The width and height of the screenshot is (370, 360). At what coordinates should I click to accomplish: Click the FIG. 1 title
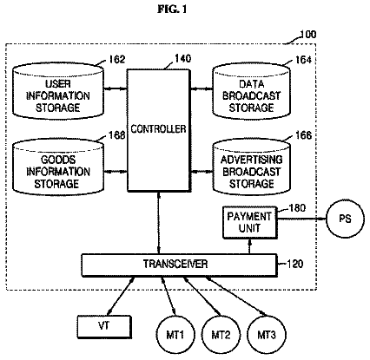tap(172, 10)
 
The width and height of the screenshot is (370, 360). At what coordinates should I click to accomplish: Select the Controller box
tap(159, 130)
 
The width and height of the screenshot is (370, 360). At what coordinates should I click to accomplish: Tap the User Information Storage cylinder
tap(58, 90)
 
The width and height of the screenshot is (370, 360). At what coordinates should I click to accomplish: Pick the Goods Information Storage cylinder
tap(58, 167)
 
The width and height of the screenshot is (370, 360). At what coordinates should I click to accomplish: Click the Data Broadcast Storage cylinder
tap(251, 90)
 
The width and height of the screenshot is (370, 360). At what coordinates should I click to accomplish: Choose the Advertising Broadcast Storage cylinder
tap(251, 167)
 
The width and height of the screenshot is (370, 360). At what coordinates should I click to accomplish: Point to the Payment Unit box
tap(249, 222)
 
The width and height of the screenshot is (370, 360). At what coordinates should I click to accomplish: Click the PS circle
tap(345, 219)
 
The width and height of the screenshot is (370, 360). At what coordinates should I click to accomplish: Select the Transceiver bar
tap(179, 265)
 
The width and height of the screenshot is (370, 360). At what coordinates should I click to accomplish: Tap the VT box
tap(104, 327)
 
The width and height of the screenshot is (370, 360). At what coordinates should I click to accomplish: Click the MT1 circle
tap(175, 335)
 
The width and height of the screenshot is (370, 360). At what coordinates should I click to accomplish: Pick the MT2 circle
tap(221, 335)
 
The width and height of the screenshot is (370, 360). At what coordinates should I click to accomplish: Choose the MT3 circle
tap(267, 335)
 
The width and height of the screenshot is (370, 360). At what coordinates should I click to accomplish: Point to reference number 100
tap(307, 35)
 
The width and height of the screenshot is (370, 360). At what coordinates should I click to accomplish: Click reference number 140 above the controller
tap(182, 59)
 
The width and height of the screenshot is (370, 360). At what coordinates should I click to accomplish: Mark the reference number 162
tap(116, 59)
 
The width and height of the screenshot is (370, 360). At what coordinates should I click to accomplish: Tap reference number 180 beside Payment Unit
tap(297, 208)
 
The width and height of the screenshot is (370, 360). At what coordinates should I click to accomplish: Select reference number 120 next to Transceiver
tap(294, 264)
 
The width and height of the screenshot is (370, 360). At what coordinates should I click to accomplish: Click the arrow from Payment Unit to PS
tap(301, 219)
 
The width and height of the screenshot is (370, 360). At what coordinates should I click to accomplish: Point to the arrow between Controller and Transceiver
tap(159, 223)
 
